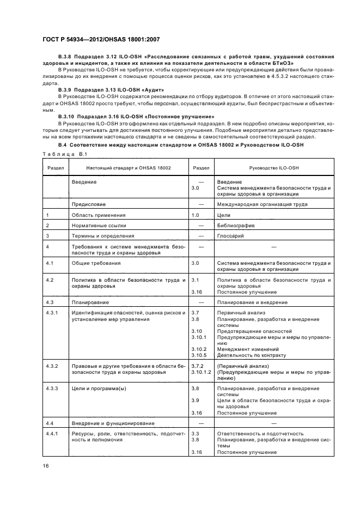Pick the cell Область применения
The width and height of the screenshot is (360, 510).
click(98, 215)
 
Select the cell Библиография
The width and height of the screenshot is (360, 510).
click(235, 225)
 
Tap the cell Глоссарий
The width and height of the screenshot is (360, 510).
click(231, 235)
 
